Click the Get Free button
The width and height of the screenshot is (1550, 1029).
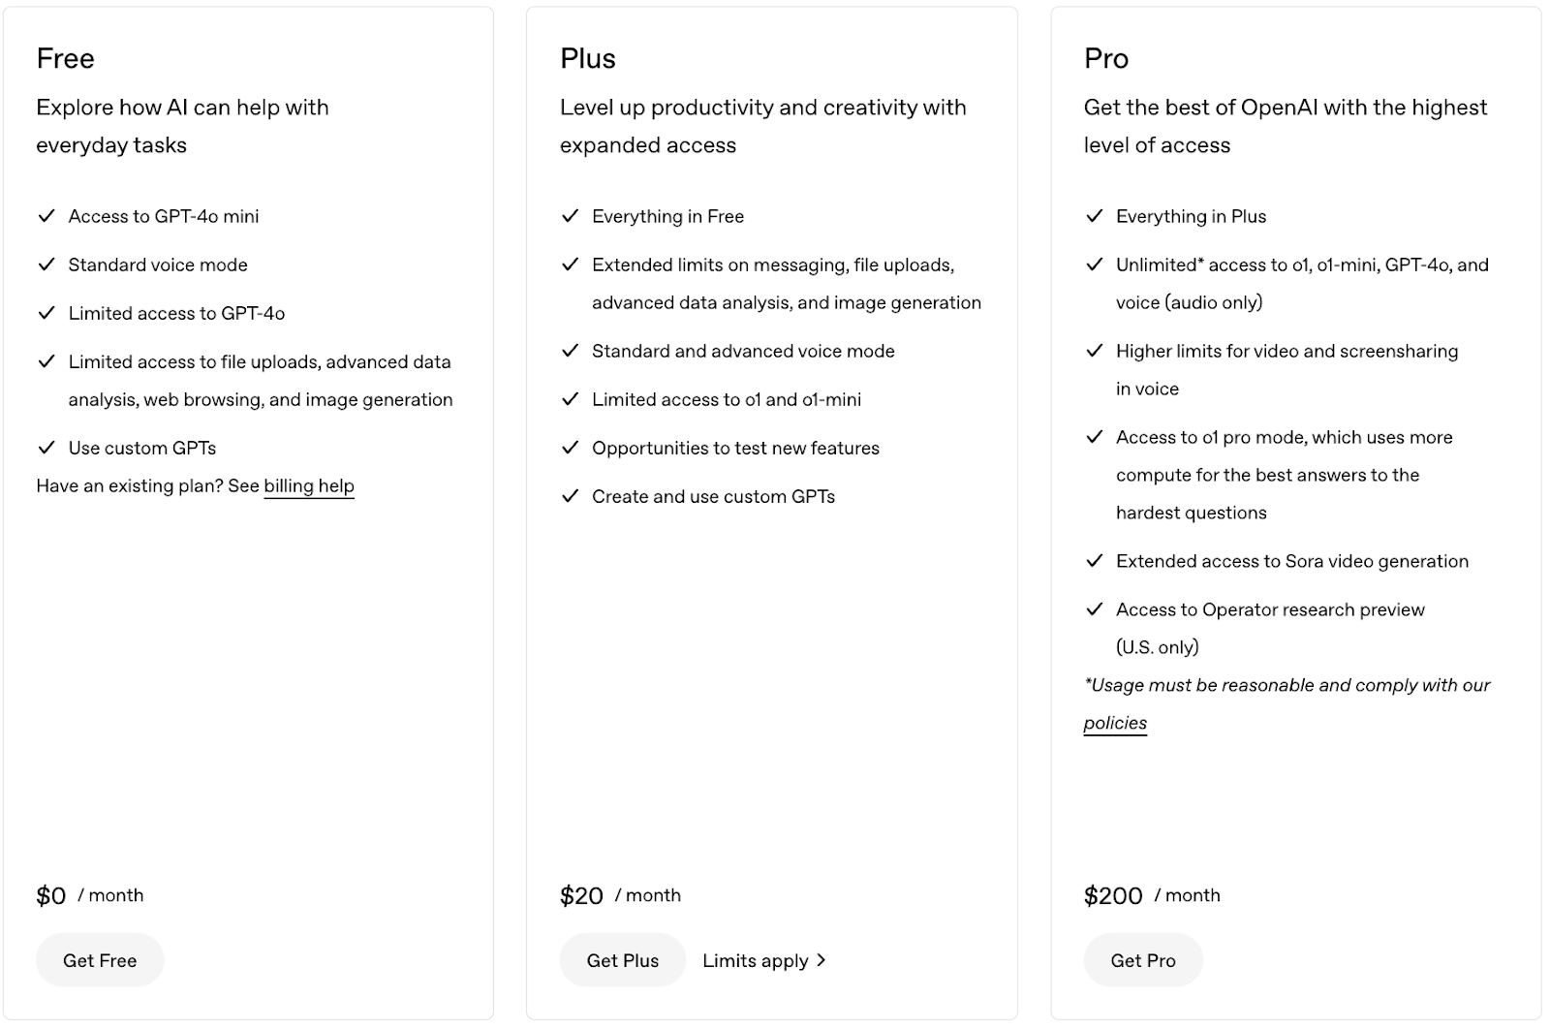(100, 960)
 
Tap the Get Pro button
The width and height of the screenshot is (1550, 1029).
(1143, 960)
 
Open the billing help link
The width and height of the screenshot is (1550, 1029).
(309, 486)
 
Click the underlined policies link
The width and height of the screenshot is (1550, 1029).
(1115, 723)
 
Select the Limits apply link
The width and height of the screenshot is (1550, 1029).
(756, 960)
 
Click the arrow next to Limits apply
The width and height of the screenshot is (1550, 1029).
(821, 960)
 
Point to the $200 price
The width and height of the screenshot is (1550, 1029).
(1113, 896)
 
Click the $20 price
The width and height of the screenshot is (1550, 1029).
(581, 896)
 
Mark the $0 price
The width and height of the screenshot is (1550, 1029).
(51, 896)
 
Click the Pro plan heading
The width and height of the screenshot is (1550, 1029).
(1106, 59)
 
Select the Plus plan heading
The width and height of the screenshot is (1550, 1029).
(588, 59)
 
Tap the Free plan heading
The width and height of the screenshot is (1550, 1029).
(66, 59)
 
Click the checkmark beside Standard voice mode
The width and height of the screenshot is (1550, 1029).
(46, 265)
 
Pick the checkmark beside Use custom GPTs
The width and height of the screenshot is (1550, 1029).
(46, 448)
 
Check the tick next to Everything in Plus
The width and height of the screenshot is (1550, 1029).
(1094, 216)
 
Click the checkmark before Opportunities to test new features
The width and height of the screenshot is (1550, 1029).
(570, 448)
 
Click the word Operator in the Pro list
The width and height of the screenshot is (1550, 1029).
(1242, 609)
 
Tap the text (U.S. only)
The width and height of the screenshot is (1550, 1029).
(1157, 647)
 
